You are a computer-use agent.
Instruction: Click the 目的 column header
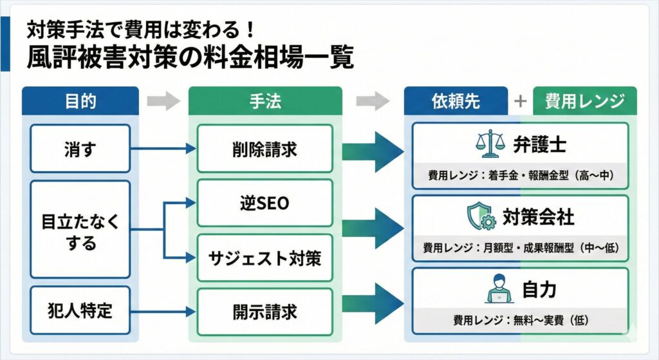pos(80,101)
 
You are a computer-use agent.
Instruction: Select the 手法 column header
pos(265,101)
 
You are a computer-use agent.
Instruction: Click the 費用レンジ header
pos(584,101)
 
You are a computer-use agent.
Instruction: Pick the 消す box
pos(80,149)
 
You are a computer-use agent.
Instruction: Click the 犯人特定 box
pos(80,311)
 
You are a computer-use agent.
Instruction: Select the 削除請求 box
pos(265,149)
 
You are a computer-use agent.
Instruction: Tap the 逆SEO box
pos(265,204)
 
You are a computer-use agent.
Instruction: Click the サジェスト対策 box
pos(265,258)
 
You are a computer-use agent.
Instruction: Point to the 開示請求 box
pos(265,312)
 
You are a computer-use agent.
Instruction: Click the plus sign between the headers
pos(520,101)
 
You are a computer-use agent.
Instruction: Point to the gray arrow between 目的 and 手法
pos(163,101)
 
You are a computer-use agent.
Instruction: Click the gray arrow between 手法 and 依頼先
pos(373,101)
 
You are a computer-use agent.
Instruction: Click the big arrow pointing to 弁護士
pos(373,152)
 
